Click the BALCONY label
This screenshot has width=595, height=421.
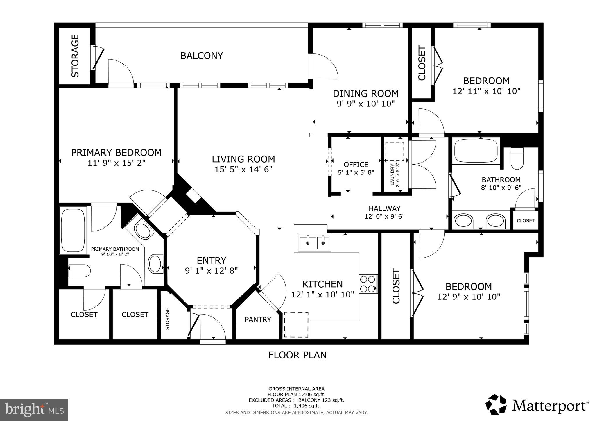[x=201, y=56]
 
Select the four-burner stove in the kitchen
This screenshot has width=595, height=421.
[x=368, y=284]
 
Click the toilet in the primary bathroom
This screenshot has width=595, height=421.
[x=79, y=271]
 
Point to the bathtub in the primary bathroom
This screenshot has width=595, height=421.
[x=73, y=230]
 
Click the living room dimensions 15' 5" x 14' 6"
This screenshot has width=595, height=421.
[x=243, y=169]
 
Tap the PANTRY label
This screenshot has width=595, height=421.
[x=258, y=320]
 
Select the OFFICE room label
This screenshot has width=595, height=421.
[x=356, y=165]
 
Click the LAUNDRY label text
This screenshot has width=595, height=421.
[x=392, y=175]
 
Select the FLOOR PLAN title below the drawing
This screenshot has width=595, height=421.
[x=297, y=355]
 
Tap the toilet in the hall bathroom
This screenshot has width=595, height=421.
[x=517, y=159]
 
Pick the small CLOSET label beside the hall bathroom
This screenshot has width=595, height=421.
[x=526, y=220]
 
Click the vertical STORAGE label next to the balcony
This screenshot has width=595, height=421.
[x=75, y=56]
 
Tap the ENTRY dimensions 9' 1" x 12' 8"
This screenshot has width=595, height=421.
[x=211, y=271]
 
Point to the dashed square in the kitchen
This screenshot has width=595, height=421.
[x=296, y=324]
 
